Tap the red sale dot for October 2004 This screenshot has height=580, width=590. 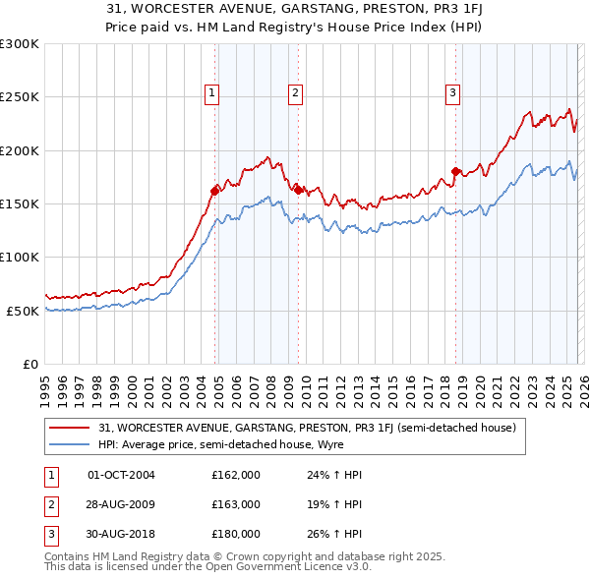[x=215, y=192]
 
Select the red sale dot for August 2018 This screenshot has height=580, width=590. [x=455, y=172]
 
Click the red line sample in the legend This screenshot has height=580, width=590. [x=70, y=428]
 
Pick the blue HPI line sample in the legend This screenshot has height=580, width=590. [x=70, y=445]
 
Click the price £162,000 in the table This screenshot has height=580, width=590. [x=236, y=475]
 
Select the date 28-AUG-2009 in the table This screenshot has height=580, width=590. [x=121, y=504]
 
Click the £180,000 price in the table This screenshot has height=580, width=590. [x=236, y=534]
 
